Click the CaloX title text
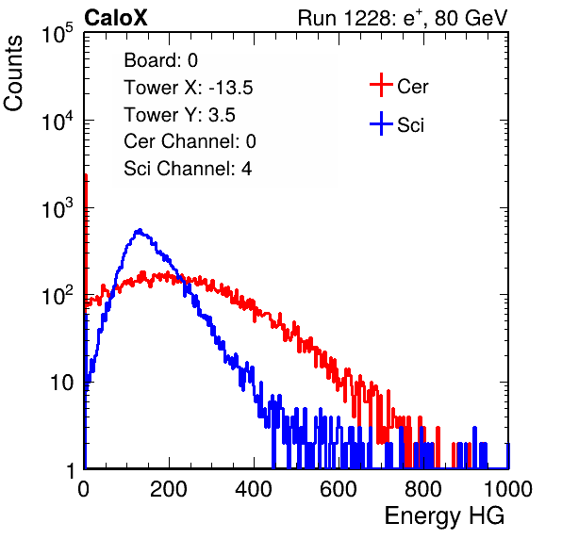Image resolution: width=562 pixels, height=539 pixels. pos(116,18)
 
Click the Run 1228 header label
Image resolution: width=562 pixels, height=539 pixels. pos(403,18)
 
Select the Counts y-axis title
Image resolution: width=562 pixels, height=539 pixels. pos(13,73)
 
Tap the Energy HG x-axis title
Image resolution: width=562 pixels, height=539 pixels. pos(444,516)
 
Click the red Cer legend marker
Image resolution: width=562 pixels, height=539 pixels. pos(381,85)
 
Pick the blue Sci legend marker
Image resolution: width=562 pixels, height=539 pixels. pos(381,124)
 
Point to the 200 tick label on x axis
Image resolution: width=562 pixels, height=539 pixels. pos(169,489)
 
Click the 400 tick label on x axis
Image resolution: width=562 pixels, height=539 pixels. pos(254,489)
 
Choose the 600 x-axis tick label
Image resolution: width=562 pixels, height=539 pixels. pos(339,489)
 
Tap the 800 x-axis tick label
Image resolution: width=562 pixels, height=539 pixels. pos(423,489)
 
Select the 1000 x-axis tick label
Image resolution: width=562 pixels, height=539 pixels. pos(508,489)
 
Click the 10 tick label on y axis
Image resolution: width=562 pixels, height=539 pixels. pos(62,383)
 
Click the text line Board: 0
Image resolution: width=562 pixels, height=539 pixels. pos(160,60)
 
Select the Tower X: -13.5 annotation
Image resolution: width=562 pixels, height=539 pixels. pos(189,88)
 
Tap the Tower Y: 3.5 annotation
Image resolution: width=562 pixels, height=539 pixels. pos(179,115)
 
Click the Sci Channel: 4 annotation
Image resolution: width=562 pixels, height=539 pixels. pos(188,169)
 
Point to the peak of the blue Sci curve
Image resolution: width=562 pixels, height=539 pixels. pos(140,230)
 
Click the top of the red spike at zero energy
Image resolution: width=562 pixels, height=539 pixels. pos(86,175)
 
